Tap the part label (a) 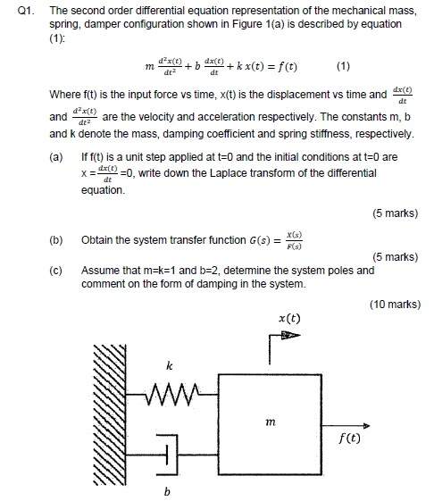point(56,155)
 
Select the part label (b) point(56,240)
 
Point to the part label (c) point(56,271)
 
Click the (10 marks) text point(393,305)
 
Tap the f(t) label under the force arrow point(350,438)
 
